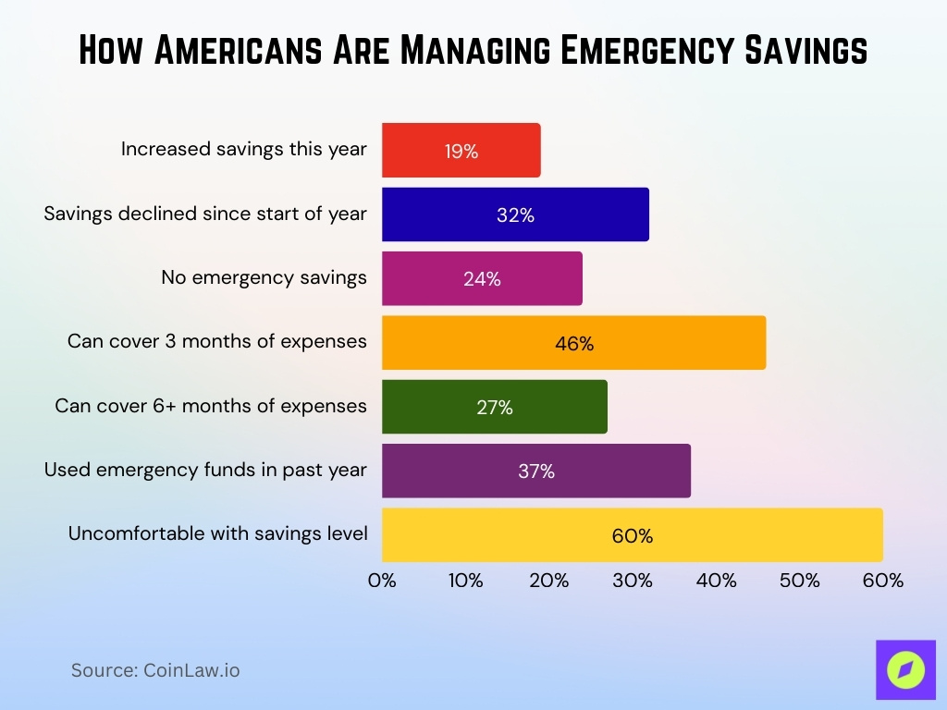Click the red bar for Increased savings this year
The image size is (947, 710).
click(461, 151)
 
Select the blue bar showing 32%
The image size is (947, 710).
click(515, 214)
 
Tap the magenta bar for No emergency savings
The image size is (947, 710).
click(482, 278)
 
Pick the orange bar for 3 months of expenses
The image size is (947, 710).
click(573, 343)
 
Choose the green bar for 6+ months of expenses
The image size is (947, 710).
click(494, 407)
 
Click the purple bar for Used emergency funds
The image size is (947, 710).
click(535, 471)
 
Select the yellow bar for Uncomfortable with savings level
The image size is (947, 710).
click(632, 534)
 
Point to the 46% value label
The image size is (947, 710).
click(574, 344)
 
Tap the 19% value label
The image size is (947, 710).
click(461, 152)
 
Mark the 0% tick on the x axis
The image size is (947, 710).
click(382, 581)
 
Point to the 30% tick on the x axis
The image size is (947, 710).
click(633, 581)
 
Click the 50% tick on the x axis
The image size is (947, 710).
click(800, 581)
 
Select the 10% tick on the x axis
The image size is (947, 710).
click(465, 581)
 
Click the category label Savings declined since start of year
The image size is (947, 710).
click(205, 214)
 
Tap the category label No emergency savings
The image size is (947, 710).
click(264, 277)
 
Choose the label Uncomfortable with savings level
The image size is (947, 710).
click(217, 533)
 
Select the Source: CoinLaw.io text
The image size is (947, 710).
click(155, 670)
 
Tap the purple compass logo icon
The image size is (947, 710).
click(904, 669)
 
